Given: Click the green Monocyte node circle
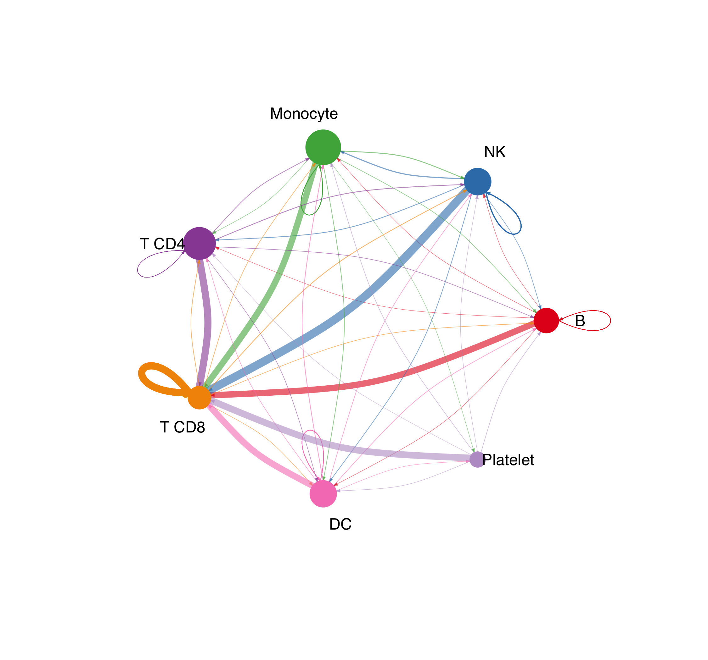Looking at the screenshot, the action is point(323,147).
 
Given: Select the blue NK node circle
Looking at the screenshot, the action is point(478,181).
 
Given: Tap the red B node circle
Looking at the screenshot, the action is point(546,321).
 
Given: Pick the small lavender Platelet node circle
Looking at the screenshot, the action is point(477,459).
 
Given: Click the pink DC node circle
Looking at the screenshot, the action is point(323,494).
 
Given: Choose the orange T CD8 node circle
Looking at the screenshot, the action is point(199,398).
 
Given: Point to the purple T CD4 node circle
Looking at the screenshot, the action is point(199,243).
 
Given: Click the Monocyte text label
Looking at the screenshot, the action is point(304,114).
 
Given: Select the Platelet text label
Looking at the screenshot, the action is point(508,460).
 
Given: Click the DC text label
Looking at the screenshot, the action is point(340,524).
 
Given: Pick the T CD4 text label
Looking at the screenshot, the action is point(162,244).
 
